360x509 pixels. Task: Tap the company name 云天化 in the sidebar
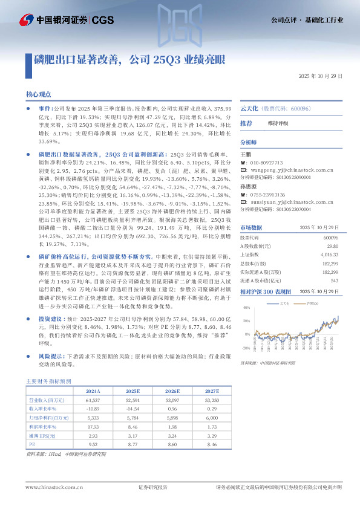[x=250, y=108]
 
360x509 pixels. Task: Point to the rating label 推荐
[x=246, y=123]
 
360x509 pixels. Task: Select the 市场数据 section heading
[x=251, y=227]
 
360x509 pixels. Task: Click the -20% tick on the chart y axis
[x=246, y=348]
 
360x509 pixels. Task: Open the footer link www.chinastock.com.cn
[x=54, y=487]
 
